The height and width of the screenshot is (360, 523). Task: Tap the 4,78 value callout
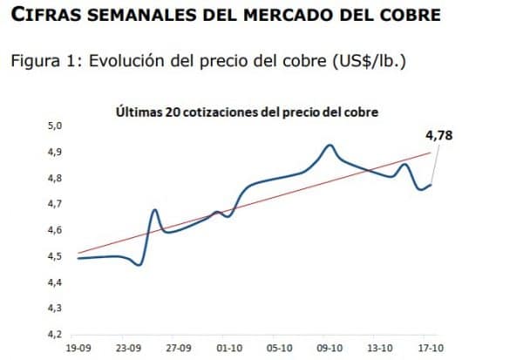(x=438, y=135)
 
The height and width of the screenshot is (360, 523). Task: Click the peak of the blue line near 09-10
(x=329, y=146)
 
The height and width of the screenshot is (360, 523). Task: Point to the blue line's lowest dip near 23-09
(x=139, y=264)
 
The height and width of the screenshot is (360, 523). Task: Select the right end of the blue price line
(x=430, y=184)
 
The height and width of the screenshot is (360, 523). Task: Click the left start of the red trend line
(x=79, y=253)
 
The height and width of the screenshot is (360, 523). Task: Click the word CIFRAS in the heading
(x=44, y=17)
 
